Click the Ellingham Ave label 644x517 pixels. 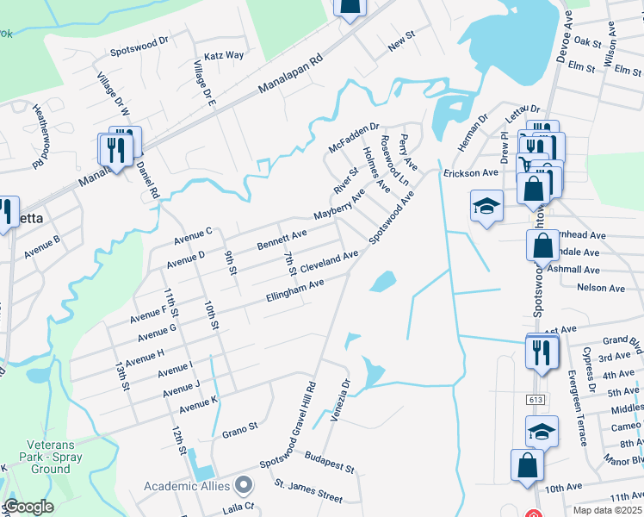295,290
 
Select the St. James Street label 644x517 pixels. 307,495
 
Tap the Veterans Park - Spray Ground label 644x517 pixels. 40,463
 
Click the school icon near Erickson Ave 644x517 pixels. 486,207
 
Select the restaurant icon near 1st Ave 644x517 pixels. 541,352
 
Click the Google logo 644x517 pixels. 28,507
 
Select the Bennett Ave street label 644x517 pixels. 282,240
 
